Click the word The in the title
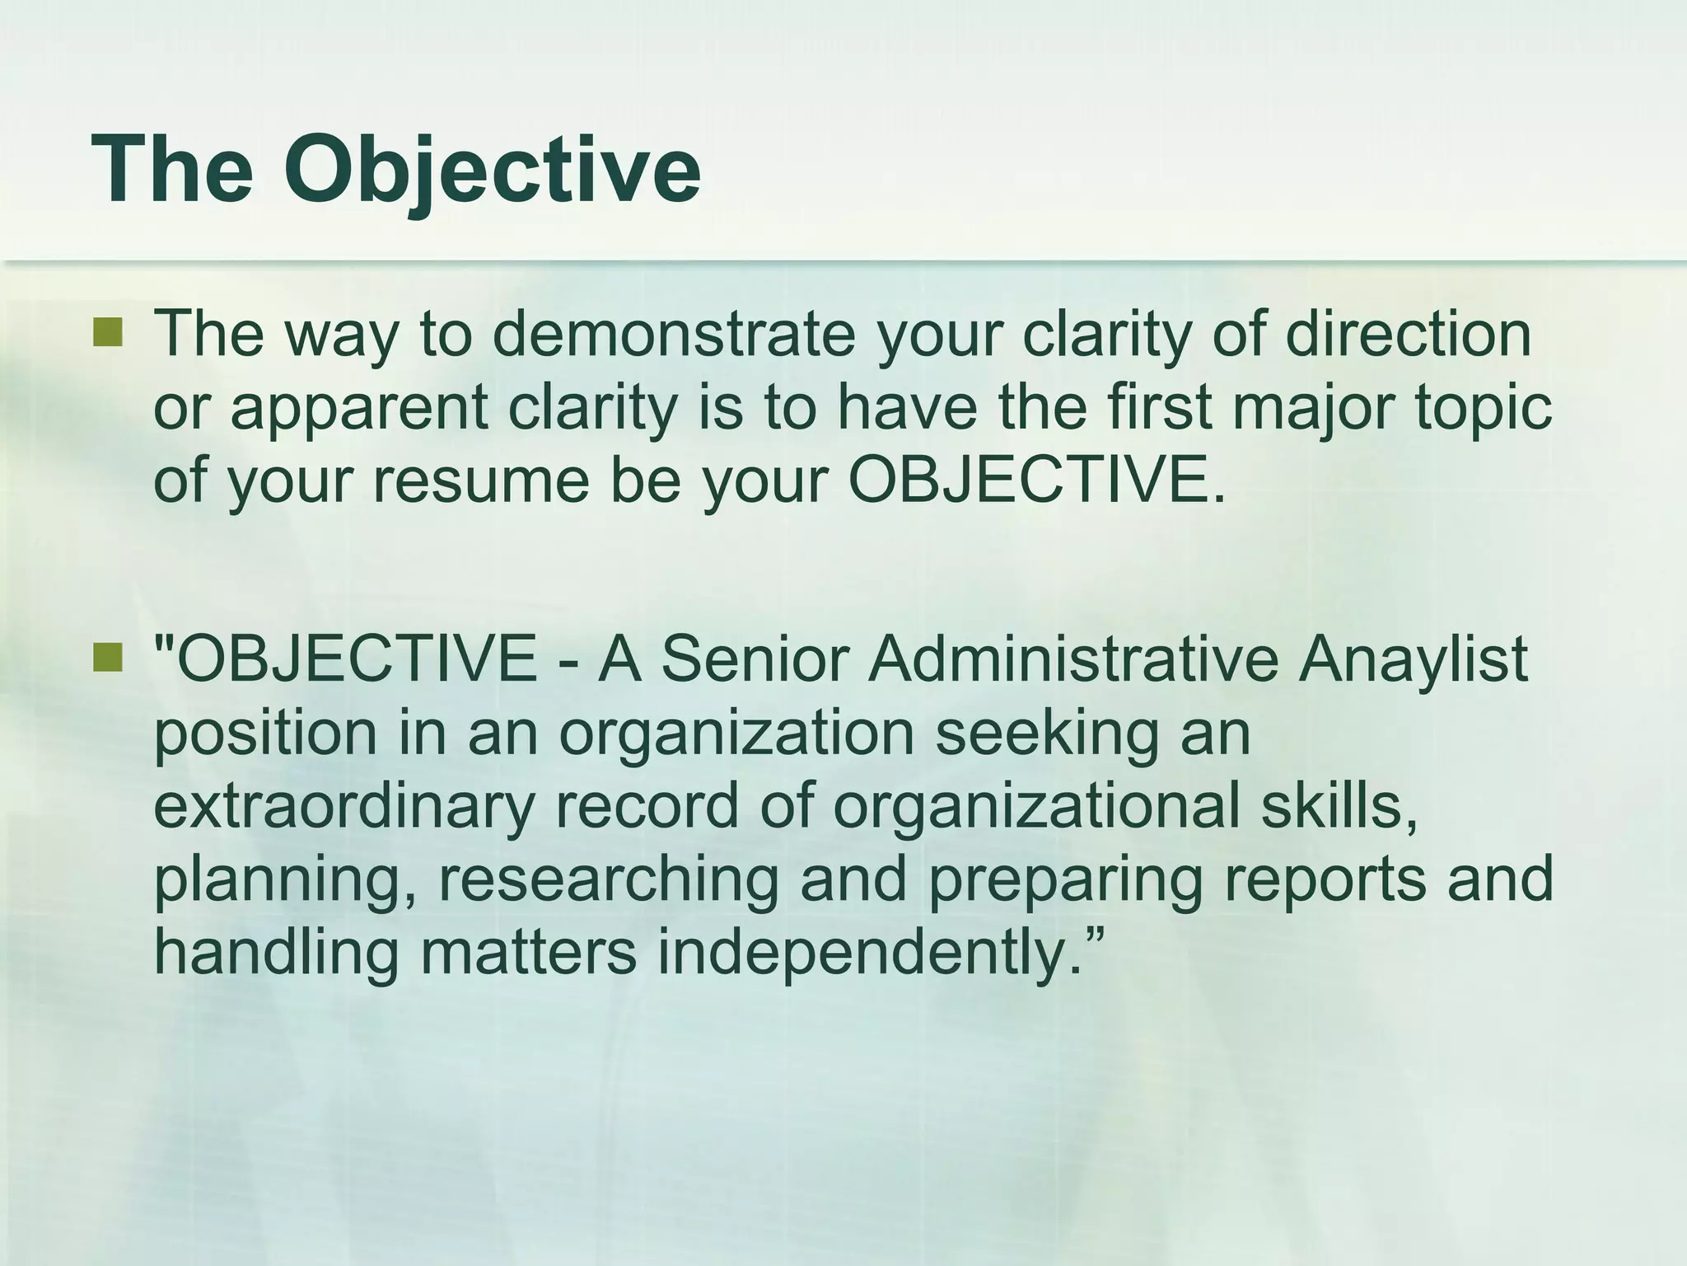(x=172, y=168)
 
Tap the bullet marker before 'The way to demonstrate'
(x=107, y=333)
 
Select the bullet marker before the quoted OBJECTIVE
(x=107, y=658)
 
